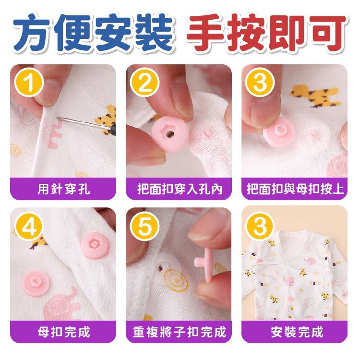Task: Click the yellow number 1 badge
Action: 29,83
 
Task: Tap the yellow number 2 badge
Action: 144,83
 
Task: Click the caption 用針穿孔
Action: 63,189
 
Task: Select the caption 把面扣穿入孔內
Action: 180,189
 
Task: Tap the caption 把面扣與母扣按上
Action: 295,189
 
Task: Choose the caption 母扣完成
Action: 63,332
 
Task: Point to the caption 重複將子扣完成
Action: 180,332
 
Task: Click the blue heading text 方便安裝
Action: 93,33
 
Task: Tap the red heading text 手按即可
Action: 266,33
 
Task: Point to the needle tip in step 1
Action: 58,118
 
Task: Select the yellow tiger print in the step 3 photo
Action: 314,96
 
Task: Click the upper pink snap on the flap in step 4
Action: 95,245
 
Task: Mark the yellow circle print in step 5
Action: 176,281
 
